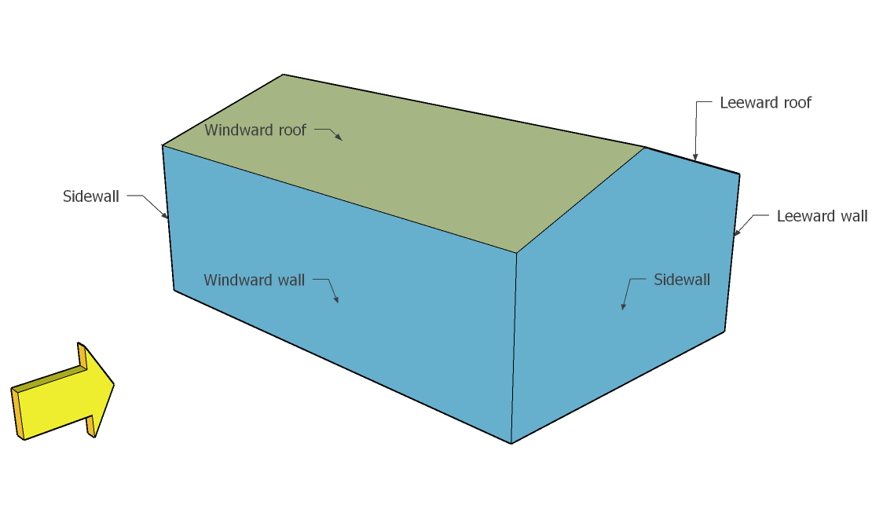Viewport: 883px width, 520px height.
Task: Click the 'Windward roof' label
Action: point(255,130)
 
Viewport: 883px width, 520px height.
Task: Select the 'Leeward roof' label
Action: point(765,103)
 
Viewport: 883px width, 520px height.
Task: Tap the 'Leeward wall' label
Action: point(822,216)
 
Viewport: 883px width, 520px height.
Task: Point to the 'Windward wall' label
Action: point(254,280)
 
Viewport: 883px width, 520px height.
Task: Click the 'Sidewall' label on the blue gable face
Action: point(682,280)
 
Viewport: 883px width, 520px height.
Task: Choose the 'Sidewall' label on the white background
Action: point(91,196)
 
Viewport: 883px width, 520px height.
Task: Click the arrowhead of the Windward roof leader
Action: point(340,138)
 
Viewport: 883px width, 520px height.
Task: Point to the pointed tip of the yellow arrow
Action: point(114,384)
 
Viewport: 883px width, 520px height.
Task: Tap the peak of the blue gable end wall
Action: point(644,147)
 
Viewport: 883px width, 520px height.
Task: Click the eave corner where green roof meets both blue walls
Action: point(516,253)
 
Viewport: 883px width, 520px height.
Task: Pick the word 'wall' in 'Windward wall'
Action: point(288,280)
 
